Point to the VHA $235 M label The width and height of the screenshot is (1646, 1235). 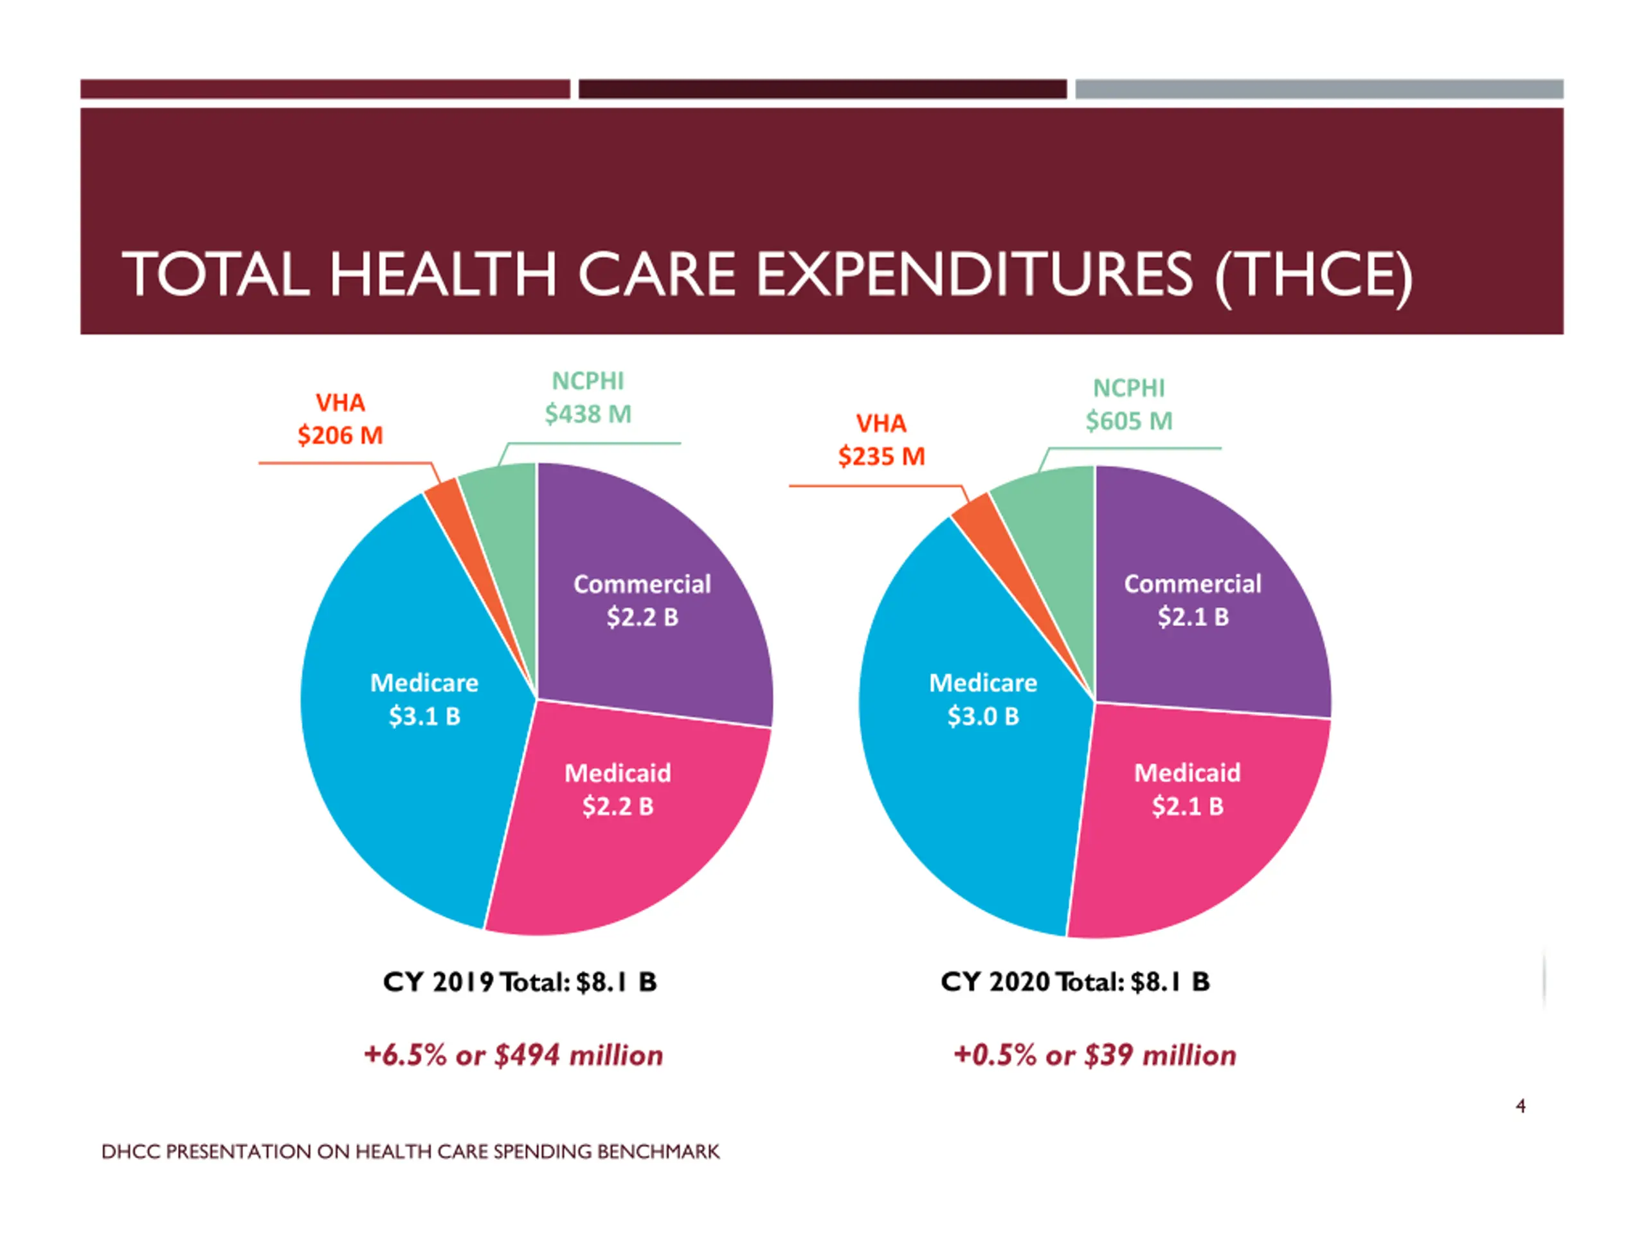[x=881, y=440]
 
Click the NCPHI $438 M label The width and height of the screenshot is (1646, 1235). [x=588, y=398]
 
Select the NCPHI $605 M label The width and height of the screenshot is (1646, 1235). [x=1129, y=405]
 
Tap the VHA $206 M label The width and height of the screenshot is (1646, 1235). [x=340, y=419]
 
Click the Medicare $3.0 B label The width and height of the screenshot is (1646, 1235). [x=982, y=700]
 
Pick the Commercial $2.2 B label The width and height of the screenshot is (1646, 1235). [x=642, y=601]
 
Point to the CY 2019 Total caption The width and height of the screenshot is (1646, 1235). [x=520, y=982]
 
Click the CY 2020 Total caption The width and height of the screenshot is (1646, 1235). [x=1074, y=982]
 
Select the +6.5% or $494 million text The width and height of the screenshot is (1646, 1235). [x=514, y=1056]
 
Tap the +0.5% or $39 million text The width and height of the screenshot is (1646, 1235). [x=1094, y=1056]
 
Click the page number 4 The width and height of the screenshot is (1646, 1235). [x=1520, y=1106]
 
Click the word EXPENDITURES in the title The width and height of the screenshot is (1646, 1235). [x=975, y=275]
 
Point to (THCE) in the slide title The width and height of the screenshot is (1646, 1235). [x=1314, y=275]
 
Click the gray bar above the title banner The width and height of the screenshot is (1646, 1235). [x=1319, y=89]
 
